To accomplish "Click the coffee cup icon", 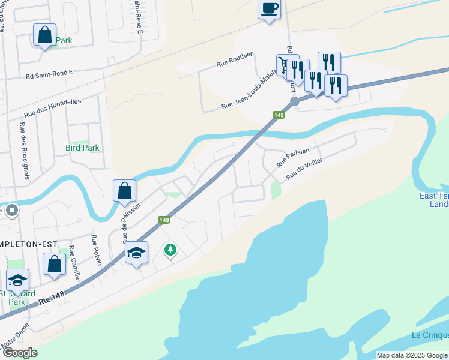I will point(269,9).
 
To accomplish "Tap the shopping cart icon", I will point(283,64).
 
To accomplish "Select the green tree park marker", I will point(171,249).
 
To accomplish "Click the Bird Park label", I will point(82,147).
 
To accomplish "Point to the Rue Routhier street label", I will point(235,61).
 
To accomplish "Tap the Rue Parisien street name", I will point(292,158).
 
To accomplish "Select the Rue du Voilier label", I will point(304,169).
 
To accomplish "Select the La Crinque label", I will point(430,335).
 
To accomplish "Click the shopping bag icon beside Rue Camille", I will point(54,264).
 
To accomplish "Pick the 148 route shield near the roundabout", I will point(278,115).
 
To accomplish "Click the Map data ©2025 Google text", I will point(412,355).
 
